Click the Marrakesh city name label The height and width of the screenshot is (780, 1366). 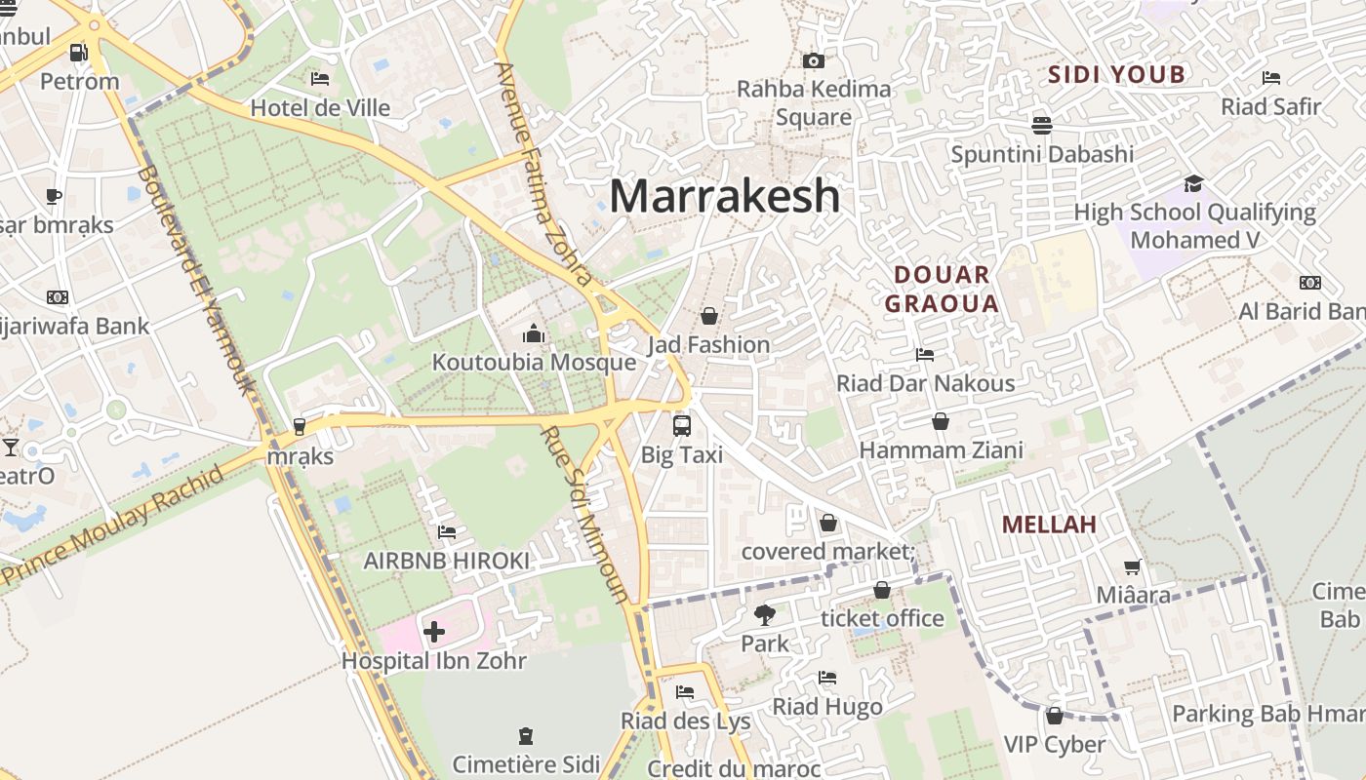[x=724, y=196]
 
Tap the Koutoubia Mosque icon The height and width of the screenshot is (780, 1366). [x=533, y=334]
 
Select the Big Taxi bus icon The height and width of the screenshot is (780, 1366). [x=681, y=426]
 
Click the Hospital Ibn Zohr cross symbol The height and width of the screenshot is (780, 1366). [x=434, y=632]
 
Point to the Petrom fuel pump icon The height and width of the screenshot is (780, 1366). [x=78, y=53]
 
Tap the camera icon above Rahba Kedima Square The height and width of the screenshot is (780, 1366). [x=813, y=60]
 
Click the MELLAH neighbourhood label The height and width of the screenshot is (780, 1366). [x=1049, y=525]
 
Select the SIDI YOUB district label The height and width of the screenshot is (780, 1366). [x=1116, y=74]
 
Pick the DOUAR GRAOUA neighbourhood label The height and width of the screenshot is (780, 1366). [x=942, y=289]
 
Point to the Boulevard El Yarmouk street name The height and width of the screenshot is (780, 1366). [x=196, y=278]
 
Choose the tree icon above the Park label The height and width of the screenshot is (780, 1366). [x=764, y=615]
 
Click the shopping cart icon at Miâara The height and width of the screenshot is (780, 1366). [x=1132, y=567]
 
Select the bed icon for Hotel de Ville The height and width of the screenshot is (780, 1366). [x=320, y=79]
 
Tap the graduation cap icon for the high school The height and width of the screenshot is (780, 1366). [x=1193, y=183]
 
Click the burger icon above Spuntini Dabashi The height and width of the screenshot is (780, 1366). [x=1042, y=126]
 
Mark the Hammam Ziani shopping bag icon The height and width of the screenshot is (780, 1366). [x=941, y=421]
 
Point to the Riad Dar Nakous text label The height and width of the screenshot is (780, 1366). [x=925, y=383]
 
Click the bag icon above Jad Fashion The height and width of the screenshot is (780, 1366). [x=709, y=316]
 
